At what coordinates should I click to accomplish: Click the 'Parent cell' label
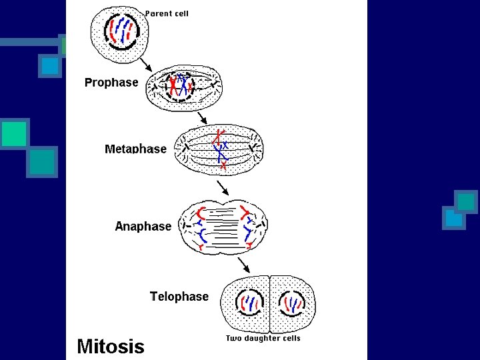167,14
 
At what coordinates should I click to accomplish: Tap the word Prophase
111,83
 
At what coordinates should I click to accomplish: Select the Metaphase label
135,149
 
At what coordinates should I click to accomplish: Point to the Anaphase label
143,226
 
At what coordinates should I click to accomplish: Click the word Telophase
179,296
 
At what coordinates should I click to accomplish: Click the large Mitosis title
110,346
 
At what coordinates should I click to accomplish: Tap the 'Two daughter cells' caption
263,338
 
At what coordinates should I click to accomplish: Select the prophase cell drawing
184,87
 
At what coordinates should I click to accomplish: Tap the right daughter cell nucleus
291,304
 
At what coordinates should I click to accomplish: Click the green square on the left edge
14,133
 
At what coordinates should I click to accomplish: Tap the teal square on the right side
466,201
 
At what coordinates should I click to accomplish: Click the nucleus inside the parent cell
122,31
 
